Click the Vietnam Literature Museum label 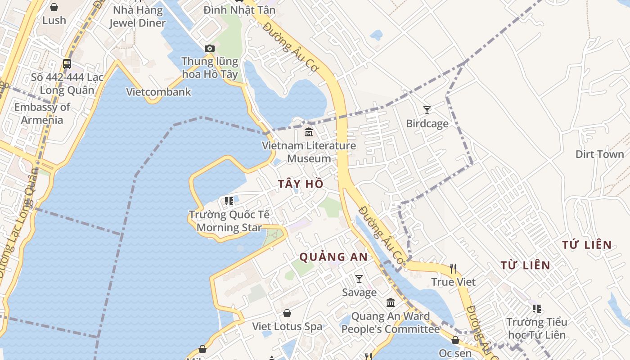(309, 152)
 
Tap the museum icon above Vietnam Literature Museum (309, 132)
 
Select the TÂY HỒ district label (301, 184)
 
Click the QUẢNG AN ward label (333, 257)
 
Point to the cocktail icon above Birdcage (427, 110)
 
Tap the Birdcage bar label (427, 123)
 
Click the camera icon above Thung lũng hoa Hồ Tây (209, 48)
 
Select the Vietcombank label (158, 92)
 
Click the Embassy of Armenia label (42, 113)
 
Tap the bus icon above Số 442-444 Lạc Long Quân (67, 64)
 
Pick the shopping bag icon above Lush (54, 7)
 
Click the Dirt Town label (599, 154)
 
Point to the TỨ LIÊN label (587, 245)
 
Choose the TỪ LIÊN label (525, 265)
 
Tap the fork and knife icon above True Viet (453, 269)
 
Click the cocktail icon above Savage (359, 279)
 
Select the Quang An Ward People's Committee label (390, 323)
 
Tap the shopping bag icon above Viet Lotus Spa (287, 313)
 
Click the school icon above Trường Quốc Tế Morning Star (229, 201)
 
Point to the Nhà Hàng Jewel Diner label (137, 16)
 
